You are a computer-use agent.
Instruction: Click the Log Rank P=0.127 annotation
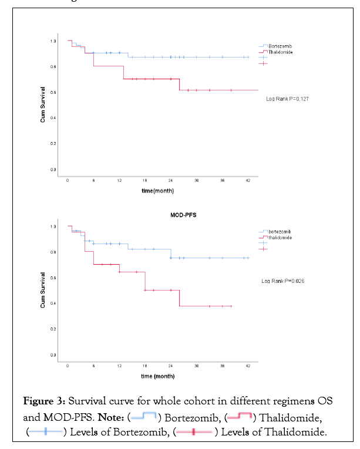288,99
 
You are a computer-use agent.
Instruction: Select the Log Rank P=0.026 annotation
282,281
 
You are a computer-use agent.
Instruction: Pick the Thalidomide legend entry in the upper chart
280,52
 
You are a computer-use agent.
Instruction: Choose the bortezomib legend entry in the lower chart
280,232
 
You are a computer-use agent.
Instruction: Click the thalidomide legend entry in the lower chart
280,238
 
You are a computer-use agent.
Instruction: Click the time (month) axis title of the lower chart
156,376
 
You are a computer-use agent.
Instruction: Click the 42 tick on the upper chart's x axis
248,181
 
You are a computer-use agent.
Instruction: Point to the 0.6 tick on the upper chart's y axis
53,92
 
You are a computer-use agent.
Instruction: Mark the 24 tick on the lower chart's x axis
171,366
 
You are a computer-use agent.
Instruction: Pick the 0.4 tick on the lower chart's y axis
53,303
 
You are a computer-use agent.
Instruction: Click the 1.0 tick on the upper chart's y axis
53,41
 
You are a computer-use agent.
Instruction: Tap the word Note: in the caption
112,417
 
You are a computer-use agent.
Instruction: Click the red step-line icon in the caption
240,417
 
